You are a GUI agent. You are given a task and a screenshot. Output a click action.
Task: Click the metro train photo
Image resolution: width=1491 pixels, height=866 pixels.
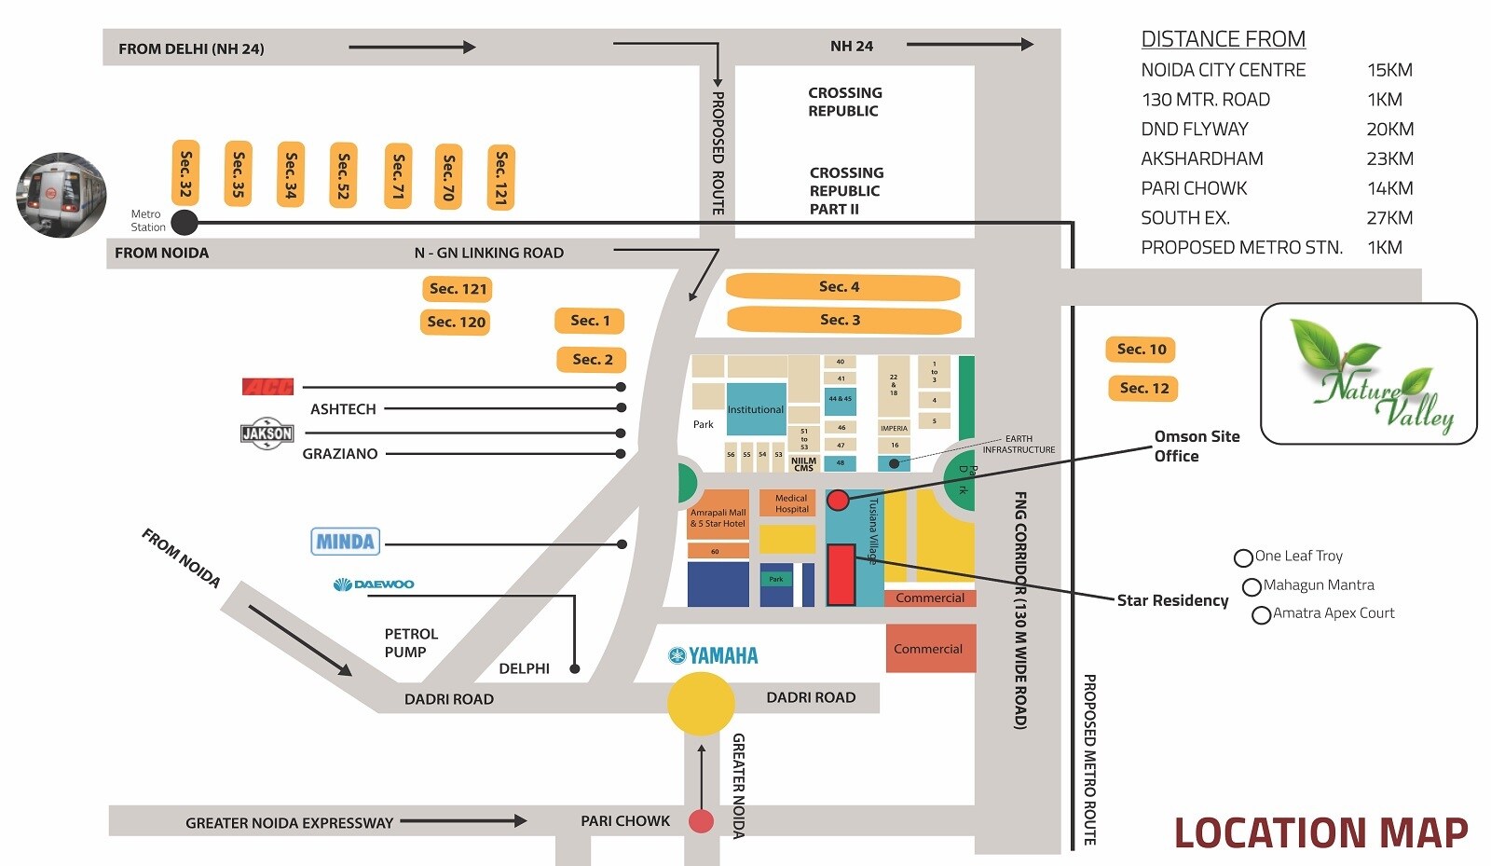[x=62, y=195]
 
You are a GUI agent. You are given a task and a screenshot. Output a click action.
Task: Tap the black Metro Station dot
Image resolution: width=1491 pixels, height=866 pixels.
[x=185, y=222]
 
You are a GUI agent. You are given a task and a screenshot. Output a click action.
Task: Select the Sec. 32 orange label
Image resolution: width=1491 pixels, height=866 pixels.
[x=185, y=173]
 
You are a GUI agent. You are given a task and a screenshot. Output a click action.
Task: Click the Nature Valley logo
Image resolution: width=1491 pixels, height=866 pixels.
[x=1368, y=375]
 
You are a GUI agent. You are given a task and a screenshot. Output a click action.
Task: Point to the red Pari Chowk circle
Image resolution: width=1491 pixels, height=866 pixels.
[x=701, y=821]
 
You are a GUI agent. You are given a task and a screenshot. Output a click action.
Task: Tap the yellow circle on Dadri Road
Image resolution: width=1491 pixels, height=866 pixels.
[x=701, y=703]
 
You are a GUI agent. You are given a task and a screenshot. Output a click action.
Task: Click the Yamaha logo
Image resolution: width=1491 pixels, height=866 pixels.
[x=714, y=655]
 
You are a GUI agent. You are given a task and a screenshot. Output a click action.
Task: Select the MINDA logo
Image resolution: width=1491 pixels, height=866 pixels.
[x=345, y=542]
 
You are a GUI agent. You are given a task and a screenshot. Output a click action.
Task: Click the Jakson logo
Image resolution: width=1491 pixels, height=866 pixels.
[x=267, y=433]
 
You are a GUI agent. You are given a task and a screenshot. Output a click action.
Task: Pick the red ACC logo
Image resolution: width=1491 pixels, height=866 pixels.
[x=267, y=386]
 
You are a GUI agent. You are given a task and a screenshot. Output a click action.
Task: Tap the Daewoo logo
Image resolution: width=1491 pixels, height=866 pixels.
[x=374, y=584]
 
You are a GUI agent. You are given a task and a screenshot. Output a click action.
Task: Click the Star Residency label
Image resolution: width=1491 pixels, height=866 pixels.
[x=1172, y=600]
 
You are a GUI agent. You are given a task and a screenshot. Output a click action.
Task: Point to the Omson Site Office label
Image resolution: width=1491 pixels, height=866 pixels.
[x=1197, y=446]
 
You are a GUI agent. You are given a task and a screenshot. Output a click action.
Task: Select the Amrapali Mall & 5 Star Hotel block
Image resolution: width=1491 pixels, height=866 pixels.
[x=718, y=517]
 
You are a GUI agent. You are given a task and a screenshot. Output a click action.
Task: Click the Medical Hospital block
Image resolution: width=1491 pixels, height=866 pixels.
[x=791, y=503]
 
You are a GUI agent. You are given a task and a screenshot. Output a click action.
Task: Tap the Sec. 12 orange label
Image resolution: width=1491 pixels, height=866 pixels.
[x=1143, y=388]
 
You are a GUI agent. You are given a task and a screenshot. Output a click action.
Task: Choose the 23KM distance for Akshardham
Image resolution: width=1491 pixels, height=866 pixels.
[x=1389, y=158]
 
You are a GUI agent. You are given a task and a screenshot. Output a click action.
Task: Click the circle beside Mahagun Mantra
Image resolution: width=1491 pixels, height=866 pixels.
[x=1252, y=587]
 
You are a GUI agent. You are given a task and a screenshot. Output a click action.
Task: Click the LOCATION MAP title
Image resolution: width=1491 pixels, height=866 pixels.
[x=1320, y=832]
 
